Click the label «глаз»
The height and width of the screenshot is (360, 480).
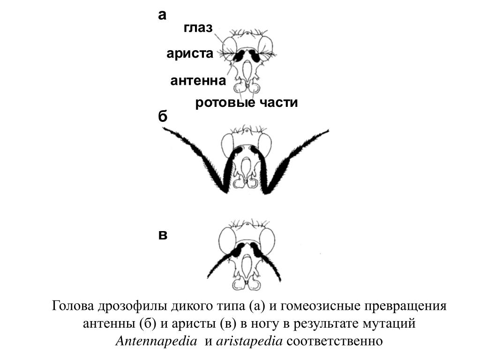click(x=198, y=28)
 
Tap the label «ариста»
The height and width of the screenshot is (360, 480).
click(x=189, y=53)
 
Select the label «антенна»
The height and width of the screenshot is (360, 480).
click(x=198, y=81)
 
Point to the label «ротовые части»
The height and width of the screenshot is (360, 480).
click(x=246, y=103)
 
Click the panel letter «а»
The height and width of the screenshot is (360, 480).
click(x=162, y=15)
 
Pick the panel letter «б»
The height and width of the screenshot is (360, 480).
click(x=162, y=117)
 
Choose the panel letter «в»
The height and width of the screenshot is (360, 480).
click(x=162, y=235)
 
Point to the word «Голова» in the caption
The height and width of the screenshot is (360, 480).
click(x=74, y=307)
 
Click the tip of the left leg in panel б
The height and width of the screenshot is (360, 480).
click(x=164, y=129)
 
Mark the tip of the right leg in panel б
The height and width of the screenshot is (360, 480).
click(x=327, y=130)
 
